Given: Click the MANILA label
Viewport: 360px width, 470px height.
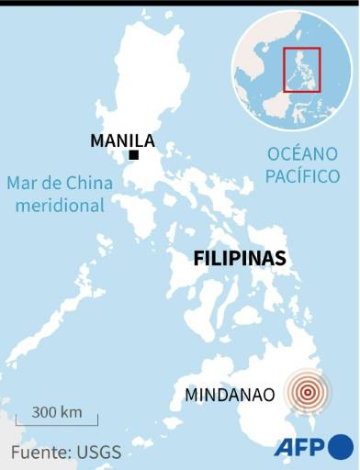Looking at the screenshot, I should (x=122, y=140).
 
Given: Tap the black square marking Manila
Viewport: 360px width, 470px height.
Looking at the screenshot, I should (x=134, y=155).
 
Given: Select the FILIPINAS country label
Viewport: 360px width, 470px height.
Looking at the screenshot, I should (x=240, y=259).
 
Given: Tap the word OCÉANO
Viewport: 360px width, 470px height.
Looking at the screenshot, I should (x=302, y=153).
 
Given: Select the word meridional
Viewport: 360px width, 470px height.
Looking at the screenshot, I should (x=60, y=206).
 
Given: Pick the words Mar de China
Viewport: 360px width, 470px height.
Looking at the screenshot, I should (x=60, y=183).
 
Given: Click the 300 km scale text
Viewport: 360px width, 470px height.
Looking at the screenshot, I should (x=57, y=411).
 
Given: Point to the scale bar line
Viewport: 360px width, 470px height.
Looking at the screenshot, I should (x=57, y=424).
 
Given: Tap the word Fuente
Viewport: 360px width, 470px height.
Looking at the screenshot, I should (x=39, y=452).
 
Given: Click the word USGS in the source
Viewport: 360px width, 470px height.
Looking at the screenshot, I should (x=100, y=452).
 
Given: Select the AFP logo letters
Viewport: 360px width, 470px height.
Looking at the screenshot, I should (x=300, y=448).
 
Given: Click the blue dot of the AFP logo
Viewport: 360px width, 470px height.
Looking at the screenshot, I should (x=341, y=447).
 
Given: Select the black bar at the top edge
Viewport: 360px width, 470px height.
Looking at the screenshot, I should (x=180, y=2).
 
